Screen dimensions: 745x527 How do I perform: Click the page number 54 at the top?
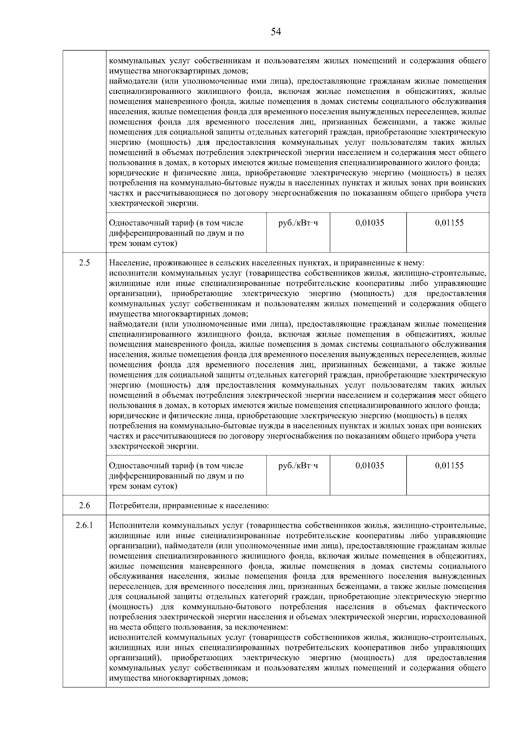click(x=276, y=32)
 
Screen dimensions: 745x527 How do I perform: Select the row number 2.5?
click(x=85, y=263)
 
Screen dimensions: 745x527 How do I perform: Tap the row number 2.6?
click(x=85, y=505)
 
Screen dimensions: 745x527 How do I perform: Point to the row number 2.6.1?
click(x=85, y=525)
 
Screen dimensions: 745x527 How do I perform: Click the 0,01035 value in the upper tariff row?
click(x=370, y=223)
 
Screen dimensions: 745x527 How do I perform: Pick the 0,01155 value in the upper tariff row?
click(x=449, y=223)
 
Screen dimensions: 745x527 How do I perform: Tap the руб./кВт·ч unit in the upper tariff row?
click(x=298, y=223)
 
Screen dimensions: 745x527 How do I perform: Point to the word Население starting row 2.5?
click(x=130, y=263)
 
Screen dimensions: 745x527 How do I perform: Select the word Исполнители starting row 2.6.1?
click(x=134, y=525)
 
